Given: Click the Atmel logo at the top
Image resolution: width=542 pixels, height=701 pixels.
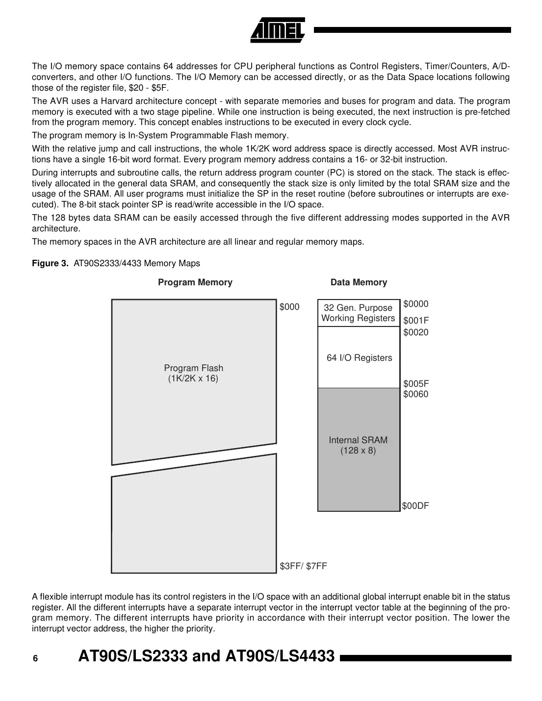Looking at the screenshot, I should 278,30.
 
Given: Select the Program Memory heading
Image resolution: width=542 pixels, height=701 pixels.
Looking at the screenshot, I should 195,282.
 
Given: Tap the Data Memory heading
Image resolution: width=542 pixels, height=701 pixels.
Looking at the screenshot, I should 359,282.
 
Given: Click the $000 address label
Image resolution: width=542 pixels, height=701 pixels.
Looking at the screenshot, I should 289,307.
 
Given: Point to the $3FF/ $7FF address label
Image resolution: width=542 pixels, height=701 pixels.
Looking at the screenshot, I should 303,566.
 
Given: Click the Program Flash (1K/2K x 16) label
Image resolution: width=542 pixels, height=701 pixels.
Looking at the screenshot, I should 193,373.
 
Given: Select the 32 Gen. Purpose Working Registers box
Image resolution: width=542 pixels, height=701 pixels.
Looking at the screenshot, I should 358,313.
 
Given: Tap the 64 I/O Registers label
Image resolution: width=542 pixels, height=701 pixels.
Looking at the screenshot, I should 359,358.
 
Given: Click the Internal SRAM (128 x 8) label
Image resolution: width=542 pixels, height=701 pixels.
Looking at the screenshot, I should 358,445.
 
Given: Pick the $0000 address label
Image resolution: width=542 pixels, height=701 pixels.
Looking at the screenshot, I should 415,304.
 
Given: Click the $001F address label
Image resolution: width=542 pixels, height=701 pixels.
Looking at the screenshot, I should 415,321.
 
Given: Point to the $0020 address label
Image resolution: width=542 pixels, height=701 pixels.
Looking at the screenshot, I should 415,332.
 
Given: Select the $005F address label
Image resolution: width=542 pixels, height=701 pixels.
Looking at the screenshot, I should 415,384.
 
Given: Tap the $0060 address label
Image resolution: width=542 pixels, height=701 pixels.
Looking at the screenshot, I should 415,394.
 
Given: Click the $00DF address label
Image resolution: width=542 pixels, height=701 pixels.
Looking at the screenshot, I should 415,506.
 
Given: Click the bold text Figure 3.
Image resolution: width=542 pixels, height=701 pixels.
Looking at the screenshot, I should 50,264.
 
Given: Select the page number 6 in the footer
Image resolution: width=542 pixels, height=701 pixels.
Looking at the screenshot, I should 35,659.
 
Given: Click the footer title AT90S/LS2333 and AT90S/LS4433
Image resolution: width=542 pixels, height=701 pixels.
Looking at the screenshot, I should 206,656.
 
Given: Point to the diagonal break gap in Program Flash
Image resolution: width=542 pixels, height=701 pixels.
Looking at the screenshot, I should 194,460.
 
